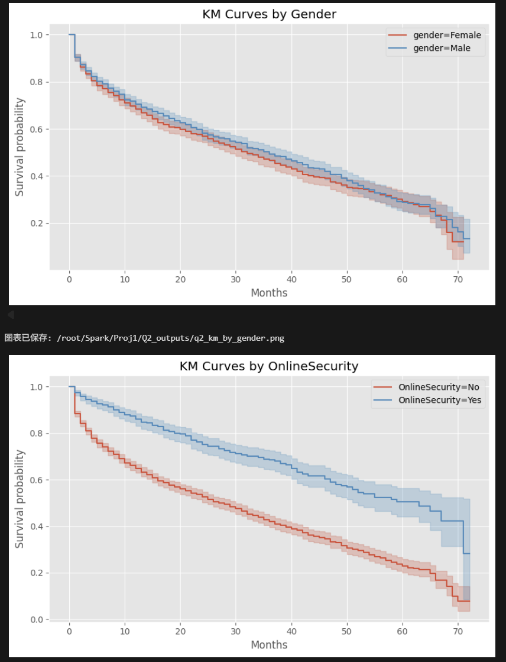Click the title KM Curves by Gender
(x=269, y=14)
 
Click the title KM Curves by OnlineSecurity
(x=269, y=366)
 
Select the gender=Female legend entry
(x=447, y=35)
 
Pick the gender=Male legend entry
(x=442, y=48)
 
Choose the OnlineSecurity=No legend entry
(x=439, y=387)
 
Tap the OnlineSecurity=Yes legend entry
(x=440, y=400)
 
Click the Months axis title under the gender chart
(x=269, y=293)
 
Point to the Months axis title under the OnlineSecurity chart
(x=269, y=645)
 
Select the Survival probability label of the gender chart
(x=20, y=147)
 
